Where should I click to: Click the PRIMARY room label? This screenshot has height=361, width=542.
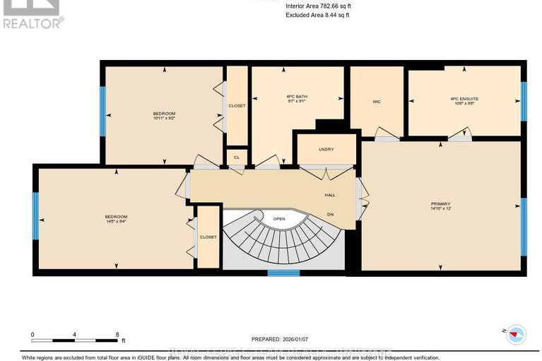point(440,203)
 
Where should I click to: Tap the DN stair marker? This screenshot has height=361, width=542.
point(329,214)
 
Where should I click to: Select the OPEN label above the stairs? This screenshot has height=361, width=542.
point(279,219)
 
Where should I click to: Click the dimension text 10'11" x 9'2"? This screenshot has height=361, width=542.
point(163,119)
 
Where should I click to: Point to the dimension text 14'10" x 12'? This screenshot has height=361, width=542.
point(440,208)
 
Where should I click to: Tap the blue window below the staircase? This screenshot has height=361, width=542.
point(283,272)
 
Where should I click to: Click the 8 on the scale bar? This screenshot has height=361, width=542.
point(117,334)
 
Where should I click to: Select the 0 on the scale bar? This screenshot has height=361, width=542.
point(33,334)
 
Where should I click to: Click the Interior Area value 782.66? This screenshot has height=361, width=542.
point(330,6)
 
